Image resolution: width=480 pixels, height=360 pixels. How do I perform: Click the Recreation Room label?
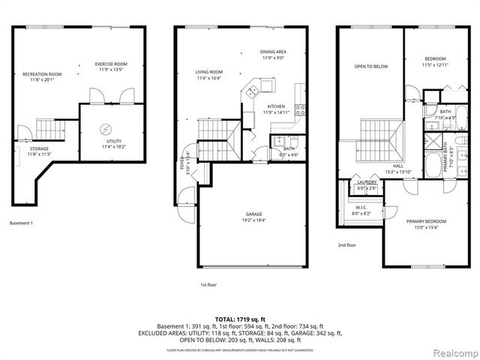tap(42, 74)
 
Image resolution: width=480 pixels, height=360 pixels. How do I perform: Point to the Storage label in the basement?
tap(39, 148)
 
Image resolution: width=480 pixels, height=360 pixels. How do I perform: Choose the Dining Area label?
tap(274, 52)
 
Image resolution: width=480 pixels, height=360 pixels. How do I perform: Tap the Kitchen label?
tap(275, 106)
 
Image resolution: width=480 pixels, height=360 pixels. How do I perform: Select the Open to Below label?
tap(370, 67)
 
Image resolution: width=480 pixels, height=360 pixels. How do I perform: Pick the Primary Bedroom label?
tap(427, 221)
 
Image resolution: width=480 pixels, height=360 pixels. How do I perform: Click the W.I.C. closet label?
tap(361, 209)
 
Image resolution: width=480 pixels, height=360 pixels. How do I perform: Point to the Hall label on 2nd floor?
tap(398, 166)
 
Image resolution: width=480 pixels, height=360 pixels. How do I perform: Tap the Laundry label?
tap(367, 181)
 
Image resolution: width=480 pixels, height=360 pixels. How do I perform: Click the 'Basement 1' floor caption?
tap(22, 223)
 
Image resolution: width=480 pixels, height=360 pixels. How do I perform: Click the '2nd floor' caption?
tap(346, 244)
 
